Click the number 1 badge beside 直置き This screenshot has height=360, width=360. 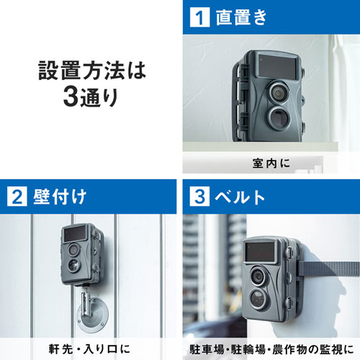click(198, 17)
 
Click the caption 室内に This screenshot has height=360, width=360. click(270, 163)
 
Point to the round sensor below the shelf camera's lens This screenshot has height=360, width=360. click(275, 118)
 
